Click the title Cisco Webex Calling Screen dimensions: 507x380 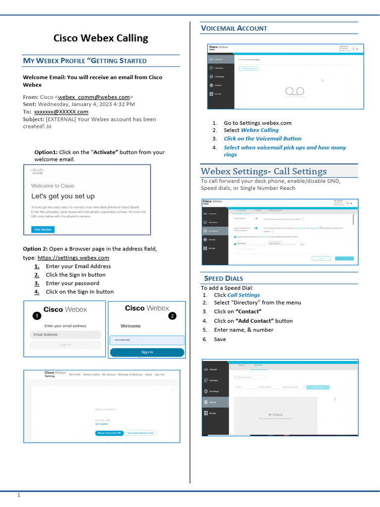[100, 38]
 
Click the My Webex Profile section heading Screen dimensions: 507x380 [85, 61]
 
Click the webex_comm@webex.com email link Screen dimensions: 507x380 [94, 97]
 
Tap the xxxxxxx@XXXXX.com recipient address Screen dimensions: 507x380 [61, 112]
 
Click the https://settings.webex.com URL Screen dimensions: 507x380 [73, 258]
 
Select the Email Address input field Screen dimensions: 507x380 [65, 335]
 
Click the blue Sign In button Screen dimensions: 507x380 [147, 352]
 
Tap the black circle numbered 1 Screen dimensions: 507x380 [36, 315]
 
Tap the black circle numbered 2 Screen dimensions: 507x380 [172, 315]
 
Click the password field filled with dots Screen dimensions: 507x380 [147, 340]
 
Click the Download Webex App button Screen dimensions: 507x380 [141, 433]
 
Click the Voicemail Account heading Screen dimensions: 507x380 [234, 29]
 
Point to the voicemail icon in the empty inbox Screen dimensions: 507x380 [296, 91]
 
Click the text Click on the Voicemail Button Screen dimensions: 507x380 [262, 139]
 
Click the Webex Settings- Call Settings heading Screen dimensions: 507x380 [263, 171]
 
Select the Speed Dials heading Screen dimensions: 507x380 [224, 278]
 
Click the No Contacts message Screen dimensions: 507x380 [275, 414]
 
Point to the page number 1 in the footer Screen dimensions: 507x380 [19, 495]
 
